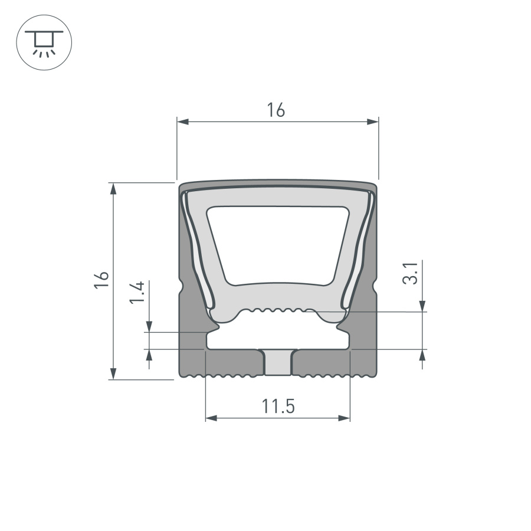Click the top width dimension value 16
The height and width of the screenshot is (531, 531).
(x=276, y=110)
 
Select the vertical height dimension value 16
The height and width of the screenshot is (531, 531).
(x=101, y=280)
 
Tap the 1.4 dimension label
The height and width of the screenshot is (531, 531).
(x=137, y=293)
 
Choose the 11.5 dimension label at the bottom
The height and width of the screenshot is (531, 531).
(x=278, y=407)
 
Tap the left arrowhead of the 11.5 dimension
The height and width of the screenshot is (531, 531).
(x=211, y=418)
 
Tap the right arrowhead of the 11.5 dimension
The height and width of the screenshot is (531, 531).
(x=345, y=418)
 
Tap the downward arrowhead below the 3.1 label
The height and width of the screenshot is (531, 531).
(x=422, y=306)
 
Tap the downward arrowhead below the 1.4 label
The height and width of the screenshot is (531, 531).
(x=149, y=326)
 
